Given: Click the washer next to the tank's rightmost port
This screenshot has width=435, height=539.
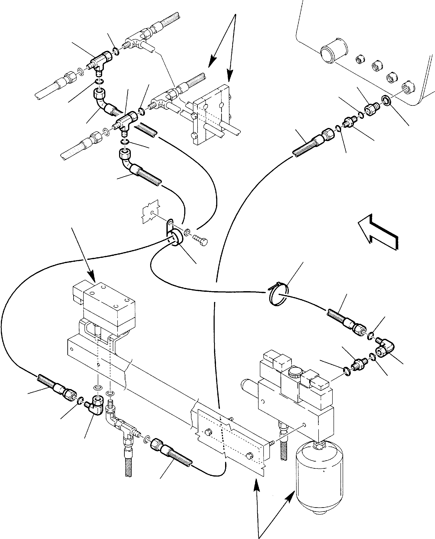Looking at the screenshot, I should tap(386, 101).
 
